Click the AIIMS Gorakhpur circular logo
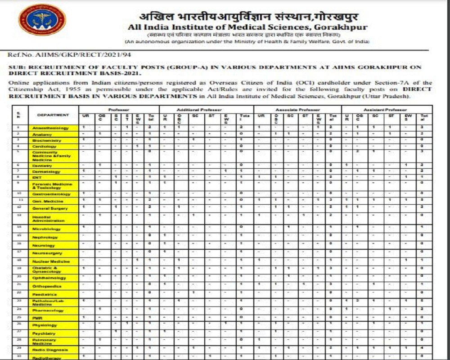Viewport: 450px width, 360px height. pos(42,20)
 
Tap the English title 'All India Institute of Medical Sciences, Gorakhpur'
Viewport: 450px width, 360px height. pos(247,27)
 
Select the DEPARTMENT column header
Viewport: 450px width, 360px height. pos(53,115)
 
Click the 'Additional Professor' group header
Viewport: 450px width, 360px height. pos(207,109)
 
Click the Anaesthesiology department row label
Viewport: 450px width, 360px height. pos(50,128)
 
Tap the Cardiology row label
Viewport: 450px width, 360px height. pos(44,146)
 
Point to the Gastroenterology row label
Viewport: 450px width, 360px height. pos(51,194)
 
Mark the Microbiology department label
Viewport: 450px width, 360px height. pos(46,229)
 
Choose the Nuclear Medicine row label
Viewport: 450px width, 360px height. pos(51,261)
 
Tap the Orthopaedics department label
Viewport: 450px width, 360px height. pos(47,286)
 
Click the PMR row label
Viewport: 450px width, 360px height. pos(37,318)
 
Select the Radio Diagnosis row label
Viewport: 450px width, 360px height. pos(50,350)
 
